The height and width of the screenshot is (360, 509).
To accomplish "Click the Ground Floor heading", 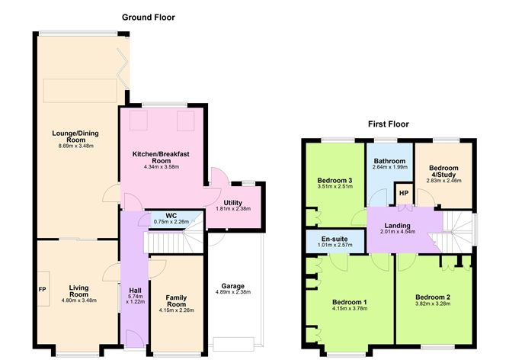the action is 149,18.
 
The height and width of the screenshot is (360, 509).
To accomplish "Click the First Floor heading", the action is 389,124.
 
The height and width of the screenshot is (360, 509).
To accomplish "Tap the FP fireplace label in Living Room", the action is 42,289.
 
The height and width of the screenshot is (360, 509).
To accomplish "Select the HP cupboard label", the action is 404,193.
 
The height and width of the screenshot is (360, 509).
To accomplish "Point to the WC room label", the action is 171,216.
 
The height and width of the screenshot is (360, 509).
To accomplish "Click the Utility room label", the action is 232,203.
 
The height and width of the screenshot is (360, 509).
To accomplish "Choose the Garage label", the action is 232,286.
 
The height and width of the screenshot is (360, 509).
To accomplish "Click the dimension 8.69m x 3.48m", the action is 76,146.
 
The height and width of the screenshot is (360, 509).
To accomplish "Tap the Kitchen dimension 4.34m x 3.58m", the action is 162,167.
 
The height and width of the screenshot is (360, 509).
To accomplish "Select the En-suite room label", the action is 335,239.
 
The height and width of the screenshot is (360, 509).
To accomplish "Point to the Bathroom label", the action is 389,161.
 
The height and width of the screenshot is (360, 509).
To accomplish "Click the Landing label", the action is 397,226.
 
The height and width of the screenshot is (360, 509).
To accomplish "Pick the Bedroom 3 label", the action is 335,180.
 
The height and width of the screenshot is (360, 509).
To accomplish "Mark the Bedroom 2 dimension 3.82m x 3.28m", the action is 433,304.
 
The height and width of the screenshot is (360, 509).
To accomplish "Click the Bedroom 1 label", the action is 350,302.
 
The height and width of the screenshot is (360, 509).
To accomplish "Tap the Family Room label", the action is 176,301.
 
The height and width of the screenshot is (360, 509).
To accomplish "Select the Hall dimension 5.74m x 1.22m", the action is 136,299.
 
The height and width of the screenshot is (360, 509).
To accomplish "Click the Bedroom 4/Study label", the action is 443,171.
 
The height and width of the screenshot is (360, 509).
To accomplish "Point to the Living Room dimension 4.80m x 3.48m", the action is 79,301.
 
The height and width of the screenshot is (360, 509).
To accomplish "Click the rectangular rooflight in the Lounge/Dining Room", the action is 80,90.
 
